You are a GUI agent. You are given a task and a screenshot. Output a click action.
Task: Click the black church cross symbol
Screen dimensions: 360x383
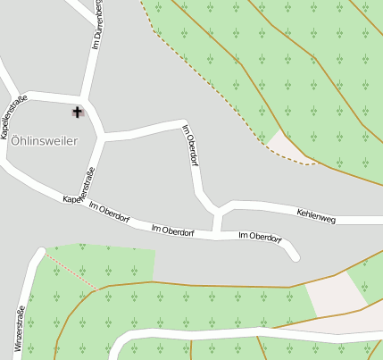[x=77, y=112]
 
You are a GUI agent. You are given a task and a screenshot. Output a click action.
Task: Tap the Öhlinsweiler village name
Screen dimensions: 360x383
[x=44, y=141]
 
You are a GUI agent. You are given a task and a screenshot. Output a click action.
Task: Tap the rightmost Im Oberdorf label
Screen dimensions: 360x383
[x=260, y=237]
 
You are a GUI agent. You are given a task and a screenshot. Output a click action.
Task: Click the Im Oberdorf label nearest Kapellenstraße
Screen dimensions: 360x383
[x=109, y=213]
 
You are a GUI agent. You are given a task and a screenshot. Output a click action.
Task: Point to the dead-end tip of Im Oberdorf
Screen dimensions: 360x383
[x=296, y=257]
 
